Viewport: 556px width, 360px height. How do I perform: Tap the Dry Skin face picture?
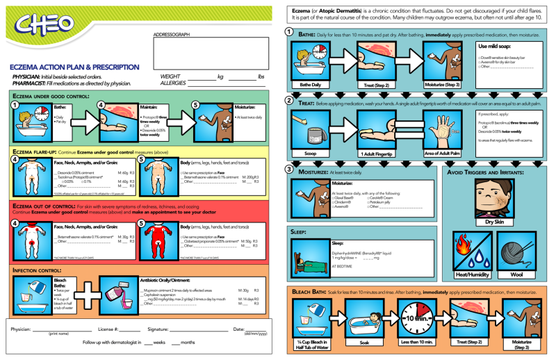[x=494, y=198]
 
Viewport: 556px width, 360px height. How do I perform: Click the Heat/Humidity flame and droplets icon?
[x=471, y=249]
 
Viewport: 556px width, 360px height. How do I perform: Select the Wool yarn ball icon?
[x=517, y=249]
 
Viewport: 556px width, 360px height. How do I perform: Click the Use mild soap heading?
[x=495, y=45]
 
